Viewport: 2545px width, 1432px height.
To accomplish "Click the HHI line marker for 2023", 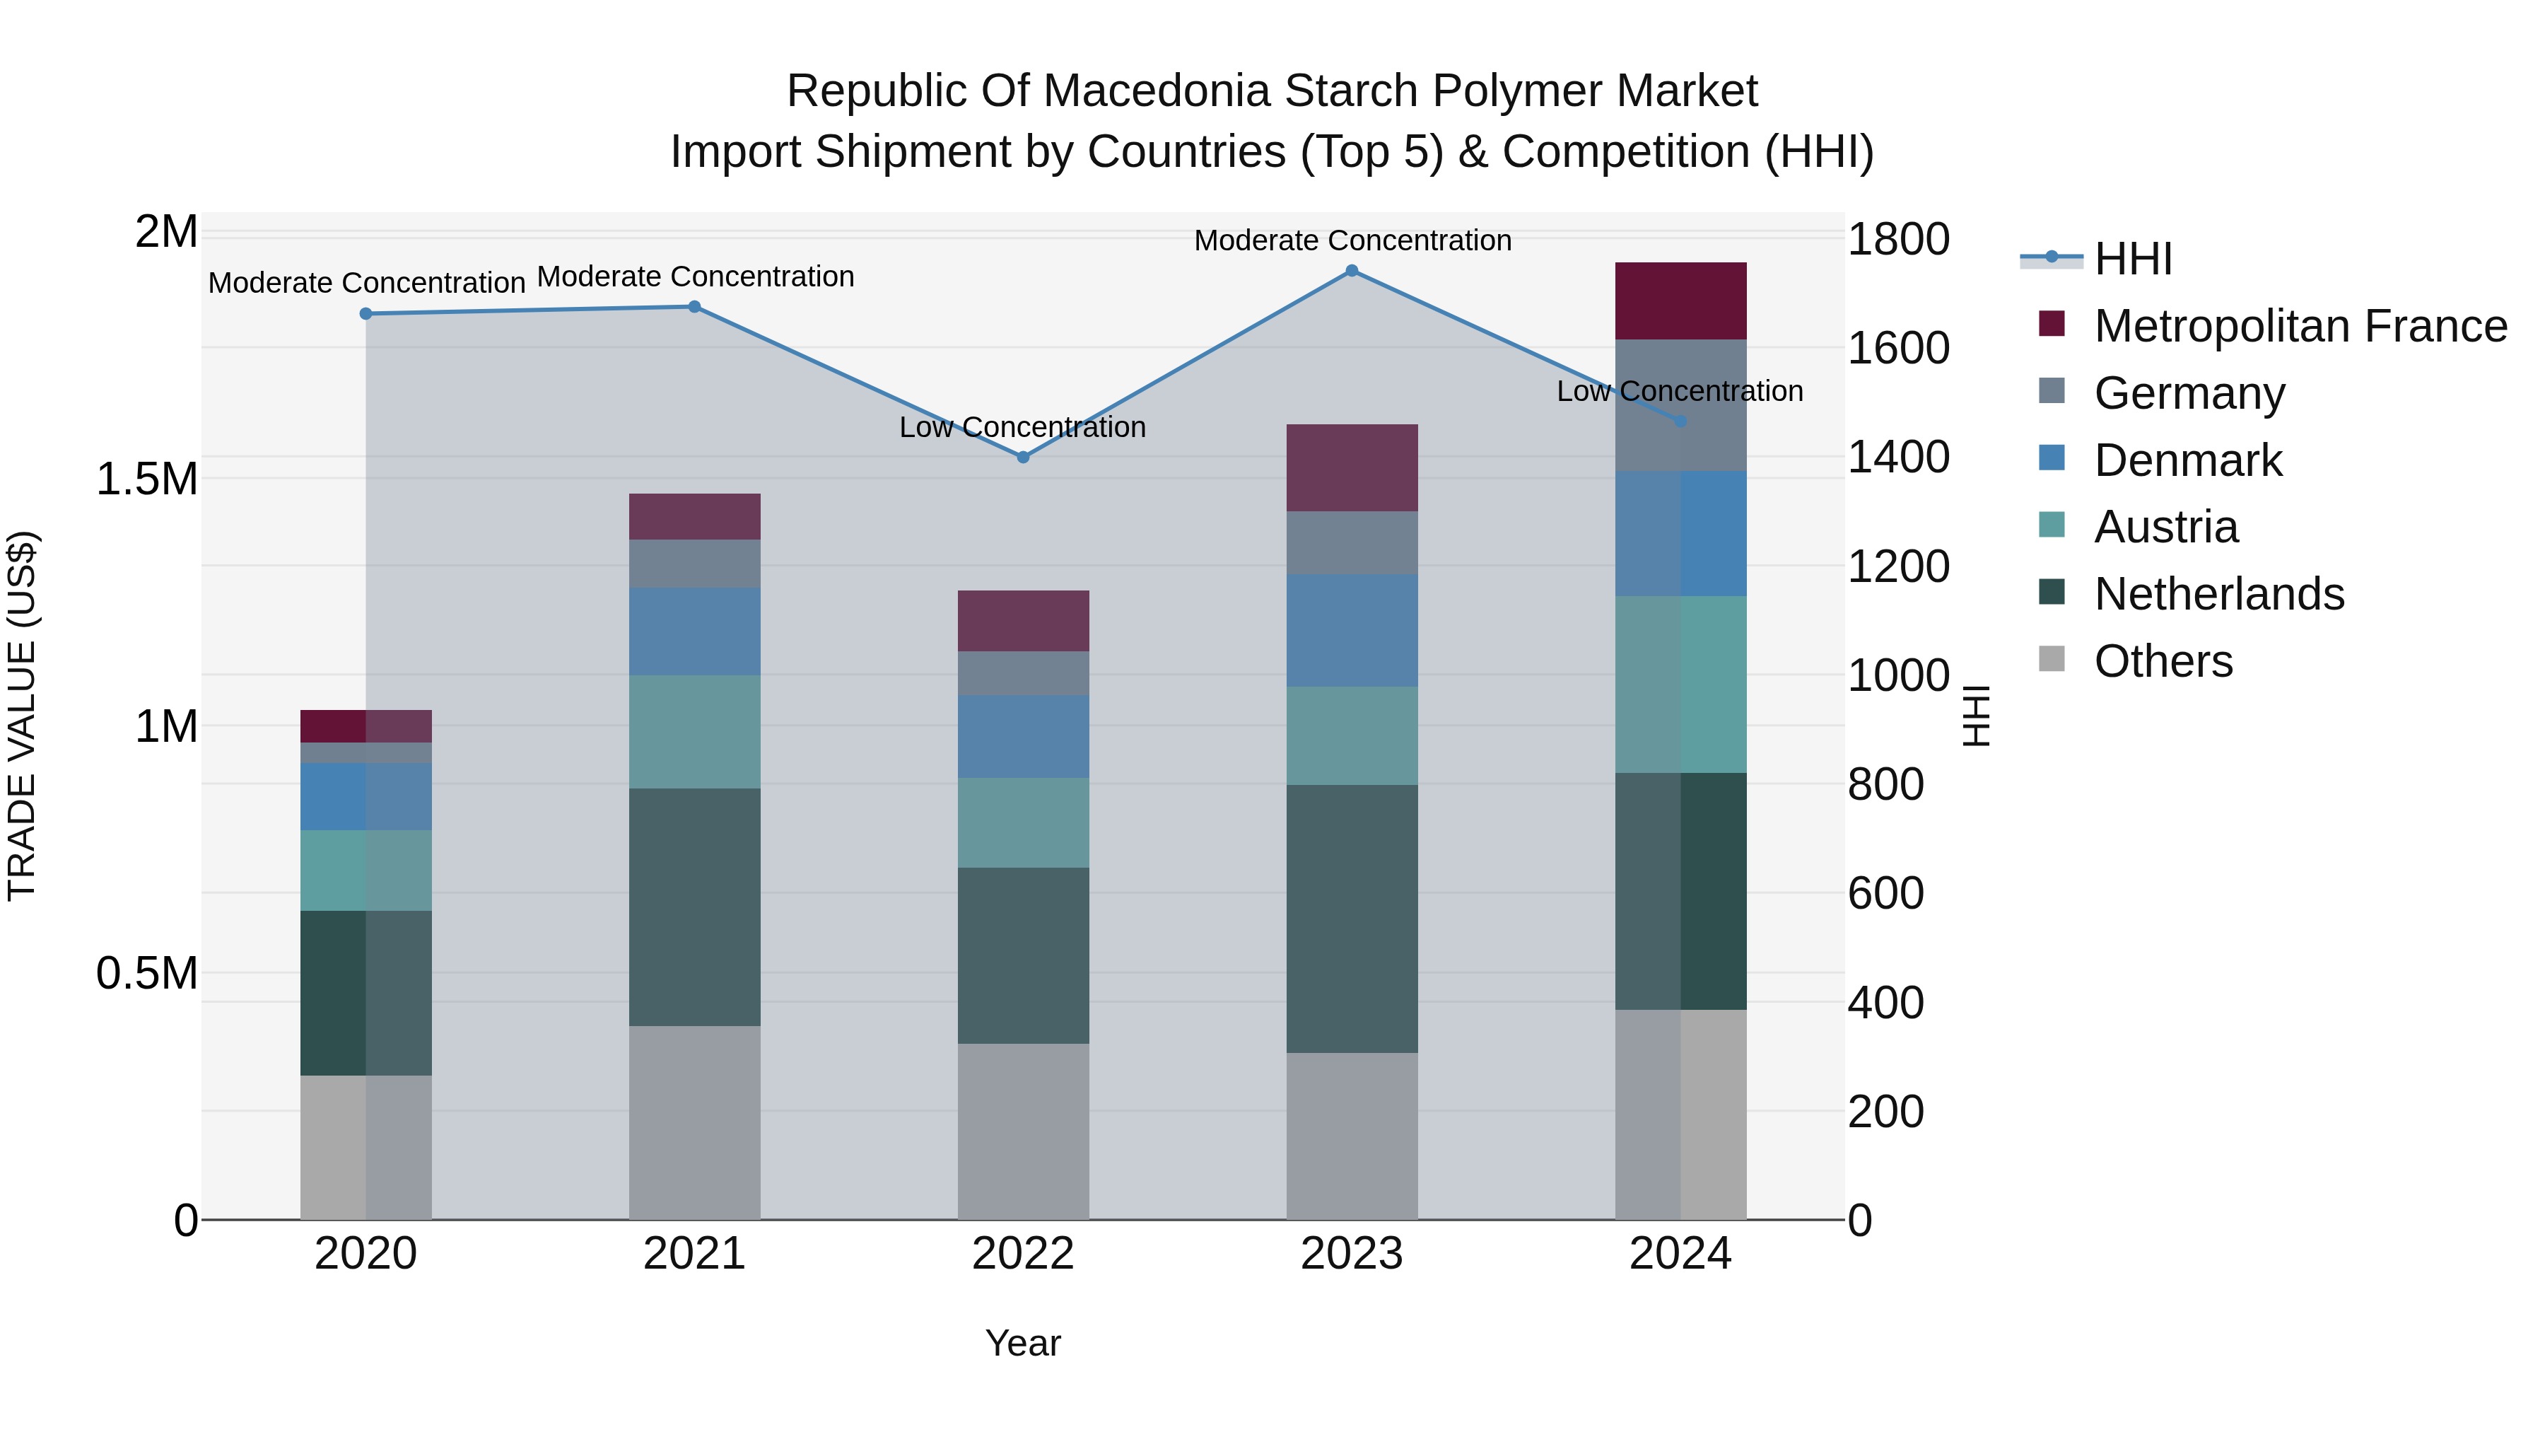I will [x=1352, y=271].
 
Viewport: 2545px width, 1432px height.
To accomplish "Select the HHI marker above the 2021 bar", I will [x=694, y=308].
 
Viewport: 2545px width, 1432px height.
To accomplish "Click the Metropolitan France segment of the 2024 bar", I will [x=1680, y=301].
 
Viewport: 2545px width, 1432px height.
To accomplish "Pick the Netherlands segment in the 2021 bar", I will [x=694, y=907].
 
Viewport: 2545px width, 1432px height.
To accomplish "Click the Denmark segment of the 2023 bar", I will [x=1352, y=631].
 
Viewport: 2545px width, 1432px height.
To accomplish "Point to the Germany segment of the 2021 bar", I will [x=694, y=564].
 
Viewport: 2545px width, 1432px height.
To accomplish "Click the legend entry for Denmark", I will [x=2187, y=460].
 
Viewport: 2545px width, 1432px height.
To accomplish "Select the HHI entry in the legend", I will [x=2132, y=259].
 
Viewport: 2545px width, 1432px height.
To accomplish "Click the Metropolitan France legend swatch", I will [x=2052, y=324].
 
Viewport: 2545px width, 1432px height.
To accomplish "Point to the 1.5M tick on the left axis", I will [x=147, y=479].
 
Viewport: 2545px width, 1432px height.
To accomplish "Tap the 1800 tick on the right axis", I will [x=1897, y=239].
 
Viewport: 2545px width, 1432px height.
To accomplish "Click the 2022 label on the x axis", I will [x=1022, y=1254].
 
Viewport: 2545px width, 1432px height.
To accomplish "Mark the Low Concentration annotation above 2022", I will [x=1022, y=427].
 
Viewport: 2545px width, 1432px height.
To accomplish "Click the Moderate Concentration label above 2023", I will [x=1352, y=240].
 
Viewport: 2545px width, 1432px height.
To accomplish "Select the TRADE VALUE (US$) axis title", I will [x=22, y=716].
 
